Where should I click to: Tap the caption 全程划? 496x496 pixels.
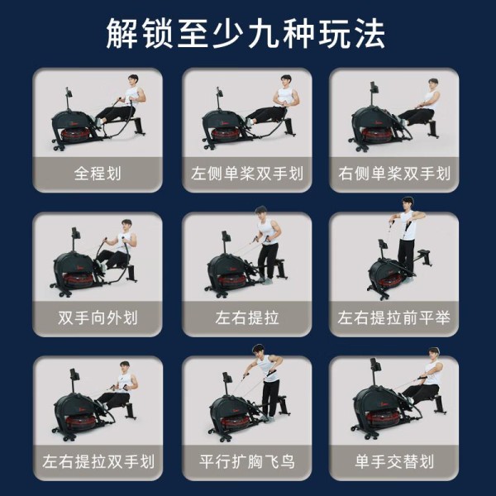pos(98,174)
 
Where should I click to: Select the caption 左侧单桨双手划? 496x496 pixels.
pos(247,174)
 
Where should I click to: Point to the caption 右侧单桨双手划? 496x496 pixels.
pos(394,174)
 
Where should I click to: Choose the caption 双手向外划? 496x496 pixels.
pos(98,317)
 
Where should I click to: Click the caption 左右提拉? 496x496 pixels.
pos(247,317)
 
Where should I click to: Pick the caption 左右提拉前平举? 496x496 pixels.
pos(394,317)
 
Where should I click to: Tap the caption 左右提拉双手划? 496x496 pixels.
pos(98,461)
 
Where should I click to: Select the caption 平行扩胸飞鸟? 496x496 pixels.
pos(247,461)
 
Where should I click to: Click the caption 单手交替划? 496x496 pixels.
pos(394,461)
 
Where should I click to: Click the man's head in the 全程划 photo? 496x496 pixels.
pos(133,80)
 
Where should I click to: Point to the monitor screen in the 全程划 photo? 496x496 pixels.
pos(69,93)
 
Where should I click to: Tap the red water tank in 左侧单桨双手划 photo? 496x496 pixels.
pos(228,134)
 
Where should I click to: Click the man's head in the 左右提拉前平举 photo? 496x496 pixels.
pos(408,203)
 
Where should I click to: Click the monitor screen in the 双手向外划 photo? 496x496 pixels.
pos(75,232)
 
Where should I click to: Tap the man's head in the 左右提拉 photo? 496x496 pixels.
pos(261,213)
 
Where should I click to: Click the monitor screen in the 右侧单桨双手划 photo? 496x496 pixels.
pos(374,88)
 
